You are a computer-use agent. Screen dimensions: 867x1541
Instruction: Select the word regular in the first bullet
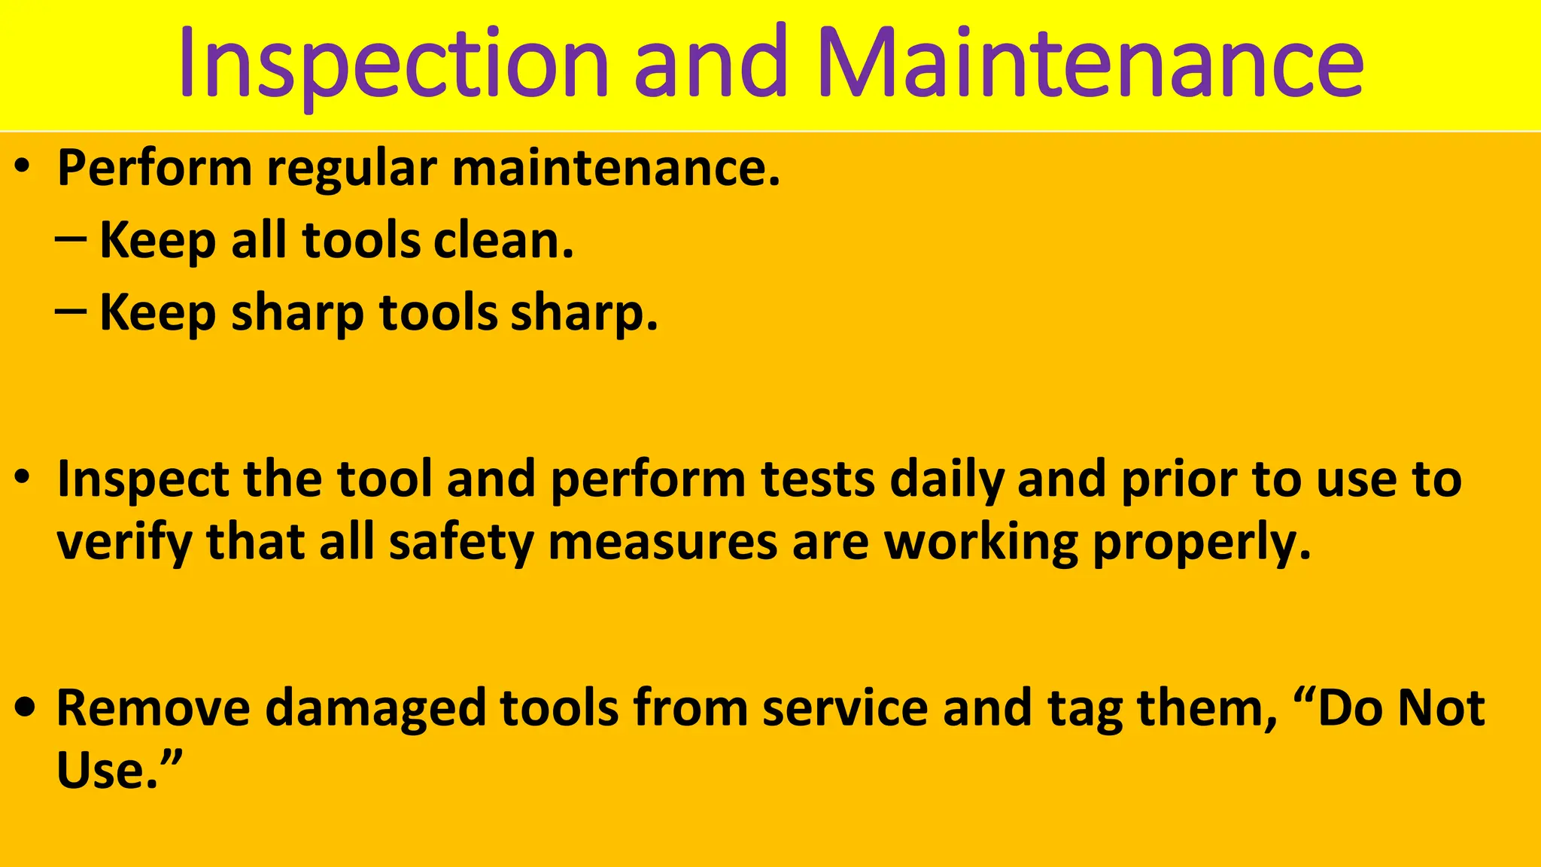point(351,169)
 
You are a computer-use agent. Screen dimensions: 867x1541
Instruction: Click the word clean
point(503,241)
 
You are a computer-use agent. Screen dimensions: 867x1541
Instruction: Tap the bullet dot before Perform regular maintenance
point(24,166)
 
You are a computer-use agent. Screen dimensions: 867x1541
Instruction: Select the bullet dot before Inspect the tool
point(24,477)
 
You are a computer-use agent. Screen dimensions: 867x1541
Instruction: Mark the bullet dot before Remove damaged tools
point(25,707)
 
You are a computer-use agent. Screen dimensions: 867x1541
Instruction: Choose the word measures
point(662,543)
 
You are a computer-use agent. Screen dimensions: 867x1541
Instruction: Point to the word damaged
point(375,709)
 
